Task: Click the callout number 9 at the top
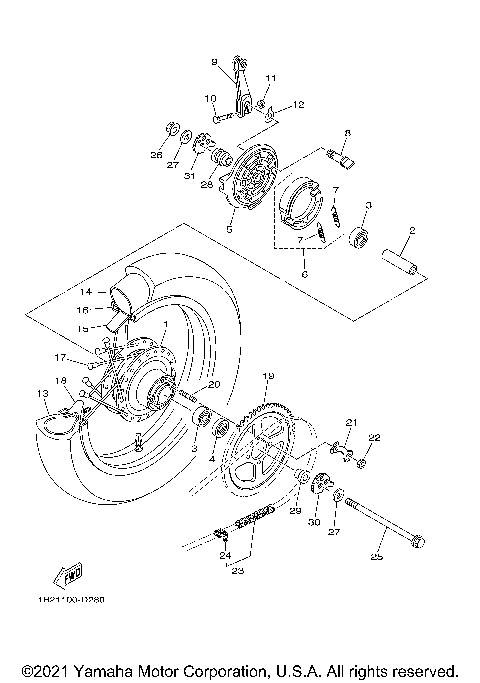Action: pos(214,62)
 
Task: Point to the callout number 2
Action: pos(410,231)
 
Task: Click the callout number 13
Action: pos(42,393)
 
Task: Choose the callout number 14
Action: pos(86,292)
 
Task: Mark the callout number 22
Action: pos(375,437)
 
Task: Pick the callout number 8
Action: pos(347,132)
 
